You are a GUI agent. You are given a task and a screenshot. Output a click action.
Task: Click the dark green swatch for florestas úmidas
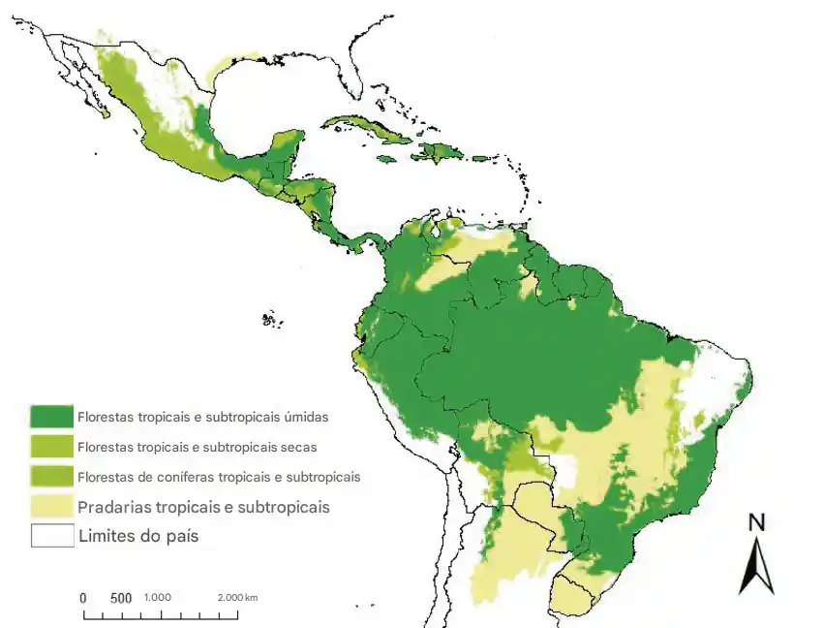pos(52,417)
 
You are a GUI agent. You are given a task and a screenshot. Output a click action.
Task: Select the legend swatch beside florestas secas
pos(52,447)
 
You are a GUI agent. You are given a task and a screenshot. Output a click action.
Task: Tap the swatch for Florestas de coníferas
pos(52,477)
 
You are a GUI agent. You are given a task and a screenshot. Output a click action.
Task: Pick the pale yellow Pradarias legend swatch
pos(52,506)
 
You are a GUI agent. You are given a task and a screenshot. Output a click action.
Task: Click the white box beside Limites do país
pos(52,536)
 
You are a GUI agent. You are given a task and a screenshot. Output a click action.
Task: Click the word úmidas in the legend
pos(306,417)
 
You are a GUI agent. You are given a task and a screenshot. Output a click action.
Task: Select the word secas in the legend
pos(296,447)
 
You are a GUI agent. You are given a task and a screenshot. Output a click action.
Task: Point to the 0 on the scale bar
pos(83,598)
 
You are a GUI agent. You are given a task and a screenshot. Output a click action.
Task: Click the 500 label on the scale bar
pos(120,598)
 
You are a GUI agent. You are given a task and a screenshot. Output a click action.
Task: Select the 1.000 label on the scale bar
pos(158,597)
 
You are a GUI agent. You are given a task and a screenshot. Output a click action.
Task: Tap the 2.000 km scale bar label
pos(237,597)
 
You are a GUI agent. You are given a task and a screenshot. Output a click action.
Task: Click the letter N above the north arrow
pos(757,523)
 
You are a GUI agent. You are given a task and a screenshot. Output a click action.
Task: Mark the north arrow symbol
pos(756,567)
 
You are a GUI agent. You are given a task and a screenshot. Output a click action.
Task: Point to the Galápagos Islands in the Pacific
pos(272,318)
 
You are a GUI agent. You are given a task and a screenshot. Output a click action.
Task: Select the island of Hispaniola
pos(440,152)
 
